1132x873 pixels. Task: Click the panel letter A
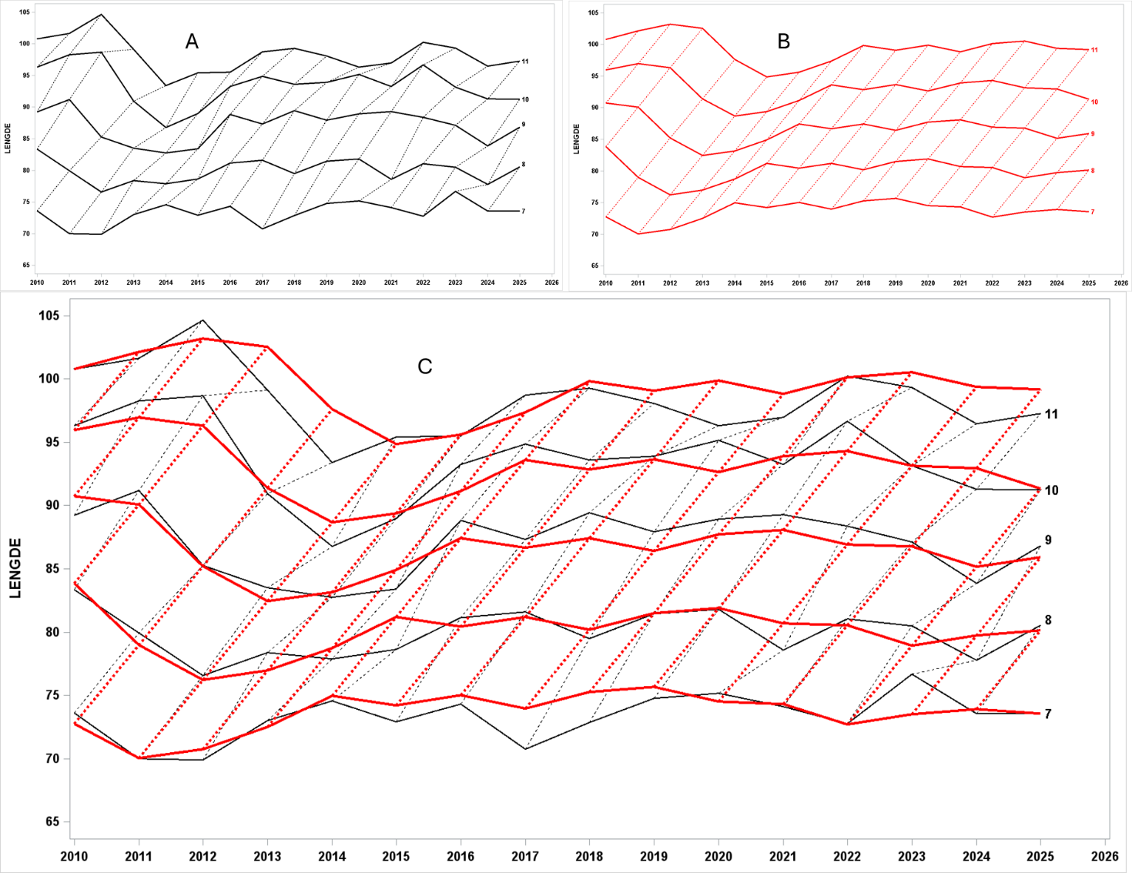(x=192, y=41)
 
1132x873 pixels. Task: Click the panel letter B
(x=783, y=41)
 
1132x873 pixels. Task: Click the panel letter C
(x=424, y=366)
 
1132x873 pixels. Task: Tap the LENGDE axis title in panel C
(x=15, y=568)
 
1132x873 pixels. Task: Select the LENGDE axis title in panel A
(x=8, y=139)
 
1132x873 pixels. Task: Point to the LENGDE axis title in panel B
(x=576, y=139)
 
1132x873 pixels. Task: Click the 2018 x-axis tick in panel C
(x=589, y=856)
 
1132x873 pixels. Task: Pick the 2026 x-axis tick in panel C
(x=1105, y=856)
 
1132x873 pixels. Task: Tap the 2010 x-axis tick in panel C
(x=74, y=856)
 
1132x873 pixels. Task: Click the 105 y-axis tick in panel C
(x=50, y=316)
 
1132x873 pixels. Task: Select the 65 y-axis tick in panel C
(x=52, y=821)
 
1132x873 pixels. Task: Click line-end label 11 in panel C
(x=1051, y=414)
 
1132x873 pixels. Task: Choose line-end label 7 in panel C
(x=1047, y=714)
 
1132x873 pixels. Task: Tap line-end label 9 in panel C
(x=1047, y=540)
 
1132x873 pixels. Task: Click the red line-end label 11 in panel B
(x=1094, y=50)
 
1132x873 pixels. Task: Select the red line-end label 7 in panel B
(x=1092, y=212)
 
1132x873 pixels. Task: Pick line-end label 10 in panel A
(x=525, y=99)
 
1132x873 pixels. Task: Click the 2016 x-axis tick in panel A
(x=229, y=283)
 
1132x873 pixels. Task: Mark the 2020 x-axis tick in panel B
(x=927, y=283)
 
